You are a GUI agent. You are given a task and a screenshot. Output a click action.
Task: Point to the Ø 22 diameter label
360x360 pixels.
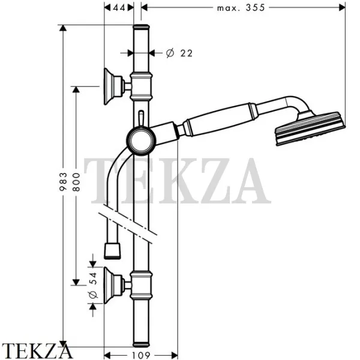click(178, 53)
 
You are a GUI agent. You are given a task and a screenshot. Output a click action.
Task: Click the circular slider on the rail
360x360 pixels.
click(141, 142)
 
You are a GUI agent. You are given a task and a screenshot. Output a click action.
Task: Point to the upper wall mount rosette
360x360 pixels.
click(112, 86)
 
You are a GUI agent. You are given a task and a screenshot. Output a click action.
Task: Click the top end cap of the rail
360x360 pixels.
click(141, 28)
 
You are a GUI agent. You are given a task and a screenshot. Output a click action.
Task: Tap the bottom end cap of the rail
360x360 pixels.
click(141, 343)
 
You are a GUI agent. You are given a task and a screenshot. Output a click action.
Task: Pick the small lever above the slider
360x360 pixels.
click(141, 118)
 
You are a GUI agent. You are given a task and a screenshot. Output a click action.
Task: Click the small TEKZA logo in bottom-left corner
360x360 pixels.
click(37, 350)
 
